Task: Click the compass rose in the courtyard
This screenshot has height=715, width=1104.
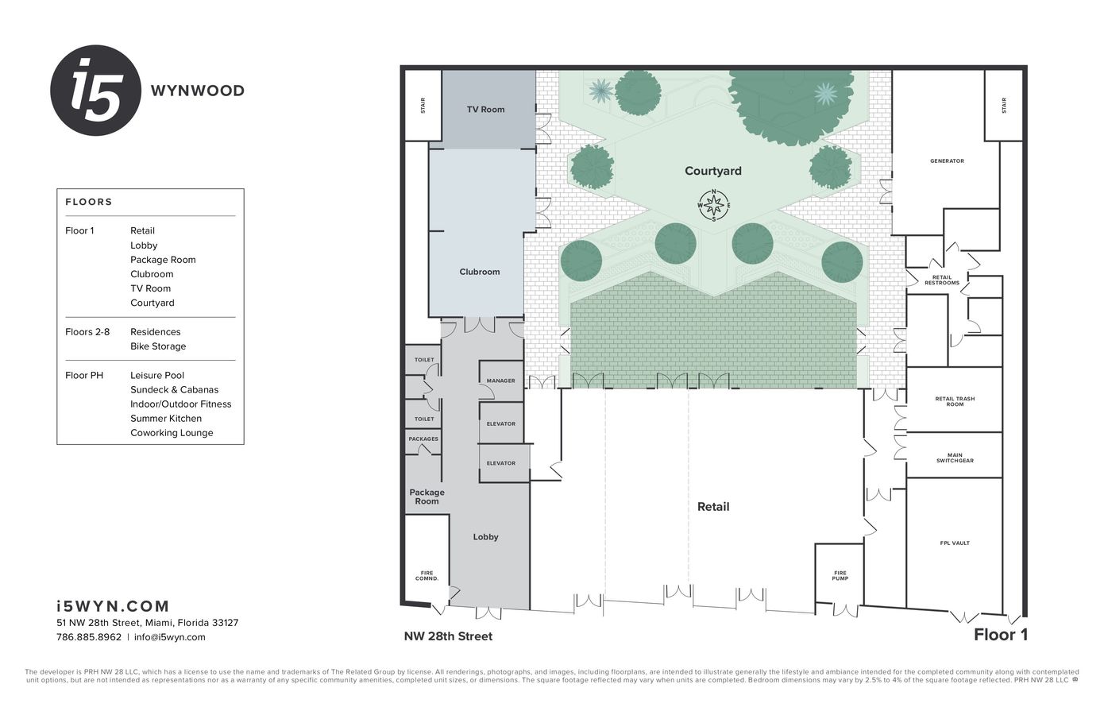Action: pos(713,206)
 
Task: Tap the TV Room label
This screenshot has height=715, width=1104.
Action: pos(485,110)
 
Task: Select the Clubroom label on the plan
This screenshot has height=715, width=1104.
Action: pos(480,272)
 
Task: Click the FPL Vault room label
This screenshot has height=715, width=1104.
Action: pos(955,543)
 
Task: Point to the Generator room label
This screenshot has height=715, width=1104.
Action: pos(947,161)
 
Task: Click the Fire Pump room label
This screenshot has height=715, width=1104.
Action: pos(840,575)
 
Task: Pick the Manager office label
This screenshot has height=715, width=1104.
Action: pos(500,381)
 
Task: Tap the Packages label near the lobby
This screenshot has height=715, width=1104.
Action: pos(423,439)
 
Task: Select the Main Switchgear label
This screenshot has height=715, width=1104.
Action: pos(955,458)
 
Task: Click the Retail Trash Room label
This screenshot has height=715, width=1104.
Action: pos(955,401)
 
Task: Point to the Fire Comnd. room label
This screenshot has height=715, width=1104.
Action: pos(427,575)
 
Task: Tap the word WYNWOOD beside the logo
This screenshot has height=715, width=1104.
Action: pos(198,91)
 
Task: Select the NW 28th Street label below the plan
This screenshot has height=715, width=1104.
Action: pos(448,636)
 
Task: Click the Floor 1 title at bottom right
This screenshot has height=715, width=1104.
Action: pos(1000,635)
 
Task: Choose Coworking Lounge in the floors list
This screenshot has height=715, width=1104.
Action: pos(172,433)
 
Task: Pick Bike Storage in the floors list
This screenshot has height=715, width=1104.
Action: pos(158,346)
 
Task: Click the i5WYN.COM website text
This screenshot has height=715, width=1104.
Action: pos(113,607)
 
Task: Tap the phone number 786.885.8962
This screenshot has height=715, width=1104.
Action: pos(89,637)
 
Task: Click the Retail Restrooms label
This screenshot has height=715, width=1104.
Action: pos(941,280)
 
